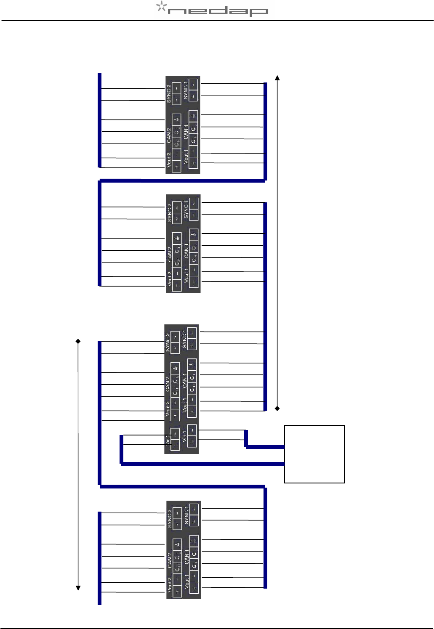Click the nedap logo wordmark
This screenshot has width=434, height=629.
click(x=218, y=11)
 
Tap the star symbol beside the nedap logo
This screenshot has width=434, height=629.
click(x=161, y=6)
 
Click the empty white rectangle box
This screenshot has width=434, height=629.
click(x=314, y=454)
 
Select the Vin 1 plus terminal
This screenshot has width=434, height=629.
click(x=192, y=441)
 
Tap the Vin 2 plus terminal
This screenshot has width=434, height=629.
click(x=175, y=445)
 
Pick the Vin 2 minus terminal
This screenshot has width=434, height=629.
click(x=175, y=434)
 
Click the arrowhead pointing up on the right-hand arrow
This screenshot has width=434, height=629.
click(x=277, y=78)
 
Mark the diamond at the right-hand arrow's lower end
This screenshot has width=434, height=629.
click(x=277, y=408)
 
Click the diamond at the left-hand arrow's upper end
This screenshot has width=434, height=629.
click(x=78, y=341)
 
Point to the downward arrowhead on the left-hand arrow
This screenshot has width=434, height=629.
click(x=78, y=588)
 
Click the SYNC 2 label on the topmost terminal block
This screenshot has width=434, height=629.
click(x=169, y=94)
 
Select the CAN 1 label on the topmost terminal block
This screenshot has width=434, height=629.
click(x=186, y=133)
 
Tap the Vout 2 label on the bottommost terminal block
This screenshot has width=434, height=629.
click(x=169, y=585)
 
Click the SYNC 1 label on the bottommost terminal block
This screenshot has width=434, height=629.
click(x=186, y=516)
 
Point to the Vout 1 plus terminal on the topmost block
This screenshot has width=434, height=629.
click(x=193, y=163)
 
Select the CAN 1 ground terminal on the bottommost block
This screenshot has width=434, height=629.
click(x=194, y=539)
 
